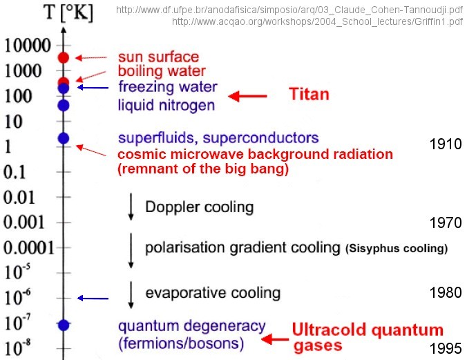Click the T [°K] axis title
(68, 12)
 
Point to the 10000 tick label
(28, 46)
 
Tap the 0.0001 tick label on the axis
(29, 247)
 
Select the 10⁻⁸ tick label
(17, 347)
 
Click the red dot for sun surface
(64, 57)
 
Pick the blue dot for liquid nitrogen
(64, 105)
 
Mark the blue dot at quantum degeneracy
(64, 325)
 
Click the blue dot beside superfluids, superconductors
(64, 138)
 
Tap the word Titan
(309, 94)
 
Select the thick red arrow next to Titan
(247, 96)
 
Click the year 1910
(446, 144)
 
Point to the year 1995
(446, 348)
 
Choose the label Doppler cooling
(200, 207)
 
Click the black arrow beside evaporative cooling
(131, 295)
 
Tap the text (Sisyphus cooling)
(397, 248)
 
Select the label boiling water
(162, 71)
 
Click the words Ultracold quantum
(368, 330)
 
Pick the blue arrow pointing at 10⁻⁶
(93, 298)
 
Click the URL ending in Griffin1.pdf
(317, 21)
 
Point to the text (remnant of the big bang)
(203, 169)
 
